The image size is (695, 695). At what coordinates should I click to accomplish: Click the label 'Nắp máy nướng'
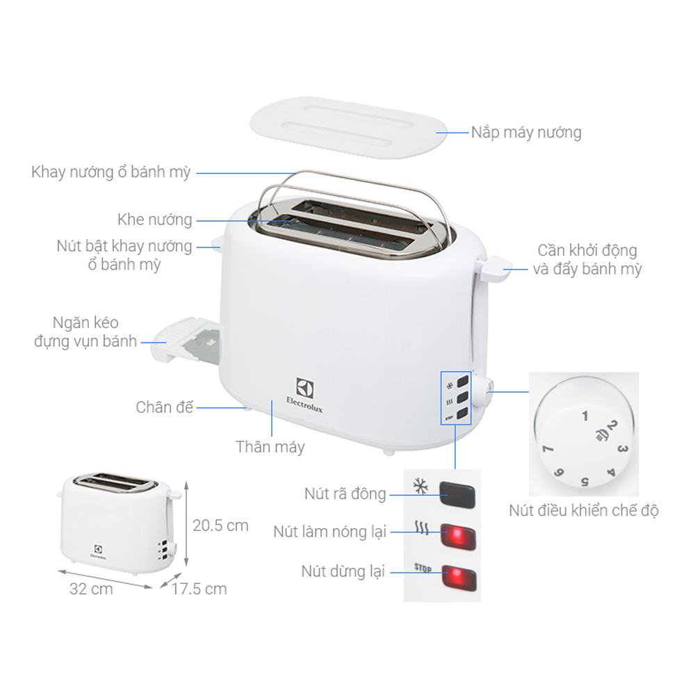click(526, 132)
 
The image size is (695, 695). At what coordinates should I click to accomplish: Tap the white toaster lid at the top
click(347, 124)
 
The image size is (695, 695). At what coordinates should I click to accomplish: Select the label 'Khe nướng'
click(154, 220)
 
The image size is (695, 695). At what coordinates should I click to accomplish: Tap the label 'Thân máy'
click(270, 447)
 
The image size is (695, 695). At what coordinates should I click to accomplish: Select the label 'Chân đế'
click(164, 407)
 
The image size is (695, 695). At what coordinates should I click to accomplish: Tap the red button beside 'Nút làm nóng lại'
click(459, 535)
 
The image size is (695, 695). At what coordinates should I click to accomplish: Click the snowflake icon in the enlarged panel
click(420, 486)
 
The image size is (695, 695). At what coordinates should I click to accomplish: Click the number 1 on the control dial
click(585, 416)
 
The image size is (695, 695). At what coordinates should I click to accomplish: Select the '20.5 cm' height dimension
click(220, 525)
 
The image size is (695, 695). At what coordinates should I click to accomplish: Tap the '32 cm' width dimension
click(91, 589)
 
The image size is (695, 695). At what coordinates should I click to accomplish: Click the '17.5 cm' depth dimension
click(199, 589)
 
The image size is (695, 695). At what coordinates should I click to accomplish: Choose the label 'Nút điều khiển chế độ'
click(584, 511)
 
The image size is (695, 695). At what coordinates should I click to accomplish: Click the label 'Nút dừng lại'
click(343, 572)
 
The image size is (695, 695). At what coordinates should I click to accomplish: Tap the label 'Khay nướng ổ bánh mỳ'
click(111, 172)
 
